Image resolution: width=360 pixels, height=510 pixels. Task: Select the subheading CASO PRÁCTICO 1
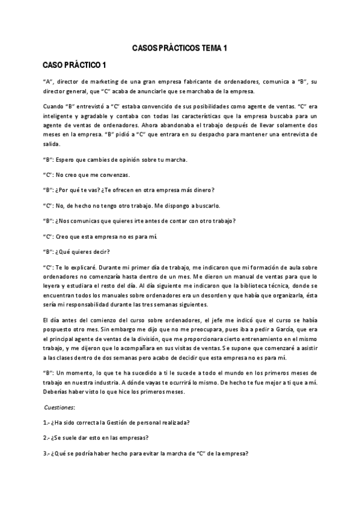pos(75,64)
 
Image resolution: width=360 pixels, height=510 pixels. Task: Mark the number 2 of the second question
pos(45,438)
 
